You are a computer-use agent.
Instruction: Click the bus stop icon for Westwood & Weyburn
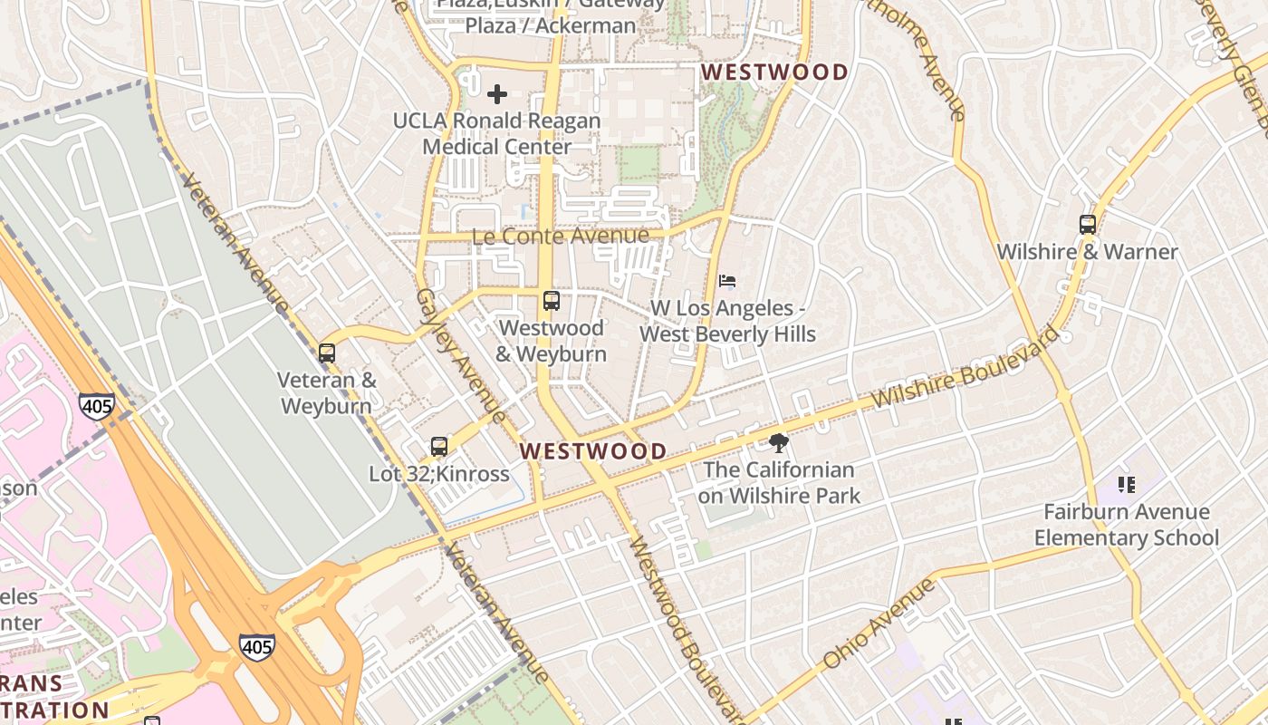coord(551,301)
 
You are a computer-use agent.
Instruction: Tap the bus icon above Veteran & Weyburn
coord(327,353)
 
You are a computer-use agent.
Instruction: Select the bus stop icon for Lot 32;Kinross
coord(439,446)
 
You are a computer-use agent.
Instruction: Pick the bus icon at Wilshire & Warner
coord(1088,225)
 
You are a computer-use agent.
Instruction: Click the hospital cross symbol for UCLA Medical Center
coord(496,94)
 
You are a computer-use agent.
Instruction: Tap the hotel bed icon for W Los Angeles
coord(727,281)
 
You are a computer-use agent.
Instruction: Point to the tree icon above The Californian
coord(778,443)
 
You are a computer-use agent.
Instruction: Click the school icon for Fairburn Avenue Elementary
coord(1126,485)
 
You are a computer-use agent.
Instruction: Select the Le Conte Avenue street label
coord(560,237)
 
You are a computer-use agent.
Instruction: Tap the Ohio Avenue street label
coord(878,624)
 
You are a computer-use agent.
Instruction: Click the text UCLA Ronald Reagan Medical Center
coord(497,134)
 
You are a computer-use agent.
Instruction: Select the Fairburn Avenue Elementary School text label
coord(1126,525)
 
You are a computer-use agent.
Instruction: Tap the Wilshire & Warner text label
coord(1087,252)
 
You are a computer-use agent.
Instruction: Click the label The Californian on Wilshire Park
coord(778,482)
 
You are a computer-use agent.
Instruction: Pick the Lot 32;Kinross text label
coord(438,473)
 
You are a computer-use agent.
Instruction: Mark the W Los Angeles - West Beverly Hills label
coord(727,321)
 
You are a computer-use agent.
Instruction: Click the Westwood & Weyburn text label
coord(551,340)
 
